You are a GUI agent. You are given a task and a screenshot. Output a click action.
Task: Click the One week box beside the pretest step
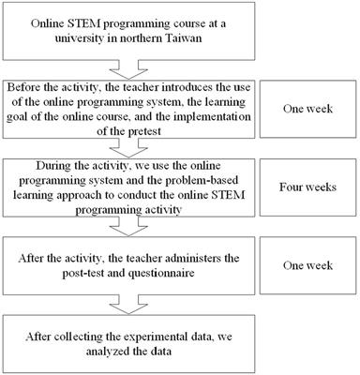307,108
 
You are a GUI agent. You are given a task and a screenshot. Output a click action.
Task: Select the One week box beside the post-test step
307,265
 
